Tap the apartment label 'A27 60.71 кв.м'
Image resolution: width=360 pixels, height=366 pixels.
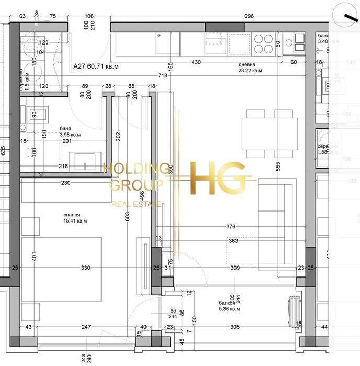coord(96,66)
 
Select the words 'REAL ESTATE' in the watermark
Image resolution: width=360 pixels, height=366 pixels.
coord(136,204)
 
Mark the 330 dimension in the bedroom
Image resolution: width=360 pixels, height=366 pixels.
coord(86,268)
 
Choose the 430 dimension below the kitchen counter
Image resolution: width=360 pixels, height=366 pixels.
coord(196,63)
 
